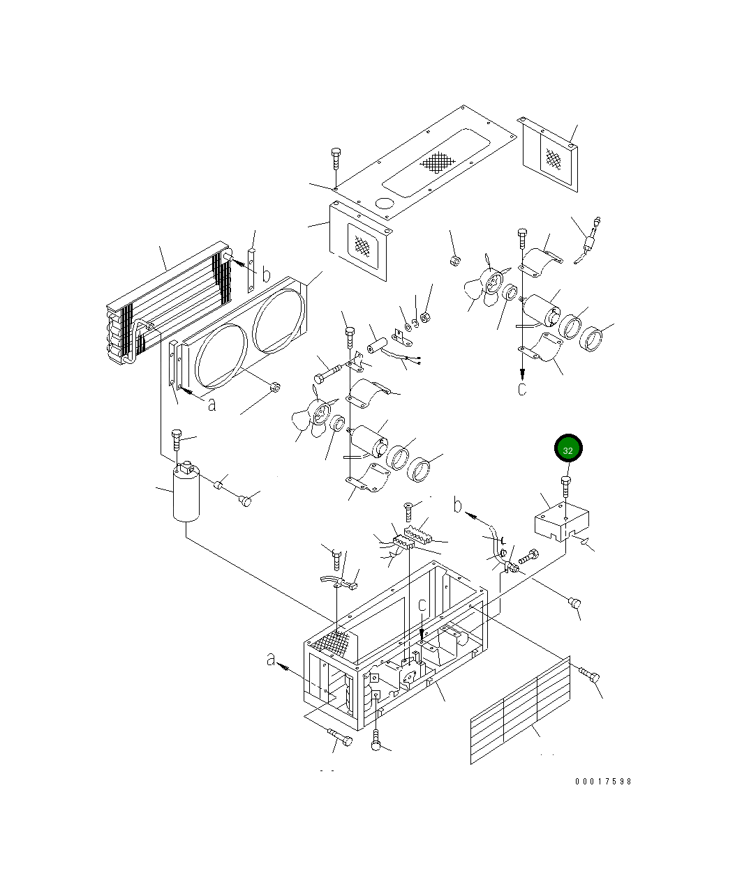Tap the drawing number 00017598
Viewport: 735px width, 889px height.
(x=603, y=782)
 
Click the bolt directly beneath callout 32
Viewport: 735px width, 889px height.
(x=566, y=487)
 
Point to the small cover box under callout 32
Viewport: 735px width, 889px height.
(x=561, y=522)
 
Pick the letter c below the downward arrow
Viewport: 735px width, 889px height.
(x=522, y=389)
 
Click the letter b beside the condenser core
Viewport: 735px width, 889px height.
(x=266, y=274)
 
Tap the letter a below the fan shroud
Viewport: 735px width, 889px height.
(x=212, y=405)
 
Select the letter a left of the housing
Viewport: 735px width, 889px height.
(x=271, y=660)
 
